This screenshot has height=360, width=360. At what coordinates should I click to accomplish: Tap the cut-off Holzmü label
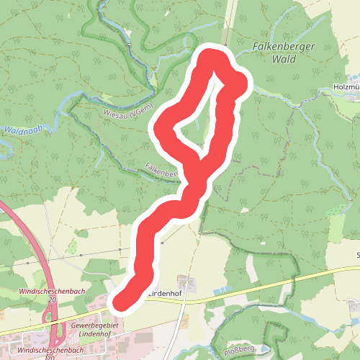(x=347, y=86)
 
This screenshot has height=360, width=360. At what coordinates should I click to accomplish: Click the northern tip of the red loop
(x=212, y=56)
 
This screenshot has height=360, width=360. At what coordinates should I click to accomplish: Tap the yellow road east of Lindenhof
(x=274, y=282)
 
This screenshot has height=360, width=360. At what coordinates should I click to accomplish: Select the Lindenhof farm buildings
(x=186, y=282)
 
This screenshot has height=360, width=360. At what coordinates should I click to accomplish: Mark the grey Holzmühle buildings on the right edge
(x=353, y=78)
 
